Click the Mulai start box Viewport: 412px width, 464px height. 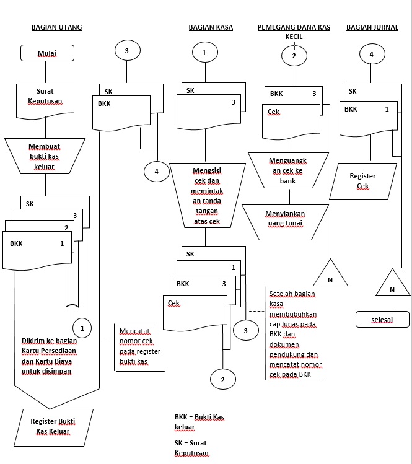[47, 53]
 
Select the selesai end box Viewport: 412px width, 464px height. [382, 319]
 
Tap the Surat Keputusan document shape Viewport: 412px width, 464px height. [45, 101]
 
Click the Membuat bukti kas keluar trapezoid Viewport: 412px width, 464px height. [45, 156]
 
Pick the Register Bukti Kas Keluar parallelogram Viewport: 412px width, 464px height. [53, 427]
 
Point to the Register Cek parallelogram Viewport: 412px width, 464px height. [363, 181]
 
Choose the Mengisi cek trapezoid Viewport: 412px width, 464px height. [207, 195]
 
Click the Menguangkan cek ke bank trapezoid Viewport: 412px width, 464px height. [288, 170]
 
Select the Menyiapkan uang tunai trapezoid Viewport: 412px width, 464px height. [285, 222]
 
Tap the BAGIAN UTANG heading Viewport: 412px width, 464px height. [56, 27]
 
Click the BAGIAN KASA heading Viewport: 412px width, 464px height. [211, 27]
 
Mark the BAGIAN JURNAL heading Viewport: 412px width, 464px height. [372, 27]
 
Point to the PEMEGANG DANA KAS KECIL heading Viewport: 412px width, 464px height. [294, 32]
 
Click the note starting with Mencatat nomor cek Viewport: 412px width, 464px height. [139, 346]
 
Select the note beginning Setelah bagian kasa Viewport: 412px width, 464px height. [293, 333]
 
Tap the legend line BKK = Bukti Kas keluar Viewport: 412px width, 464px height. [199, 422]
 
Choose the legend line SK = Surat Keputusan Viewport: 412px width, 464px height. [192, 448]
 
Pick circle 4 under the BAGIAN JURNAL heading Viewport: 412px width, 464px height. [372, 54]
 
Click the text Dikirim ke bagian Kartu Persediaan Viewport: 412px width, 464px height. [49, 346]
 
